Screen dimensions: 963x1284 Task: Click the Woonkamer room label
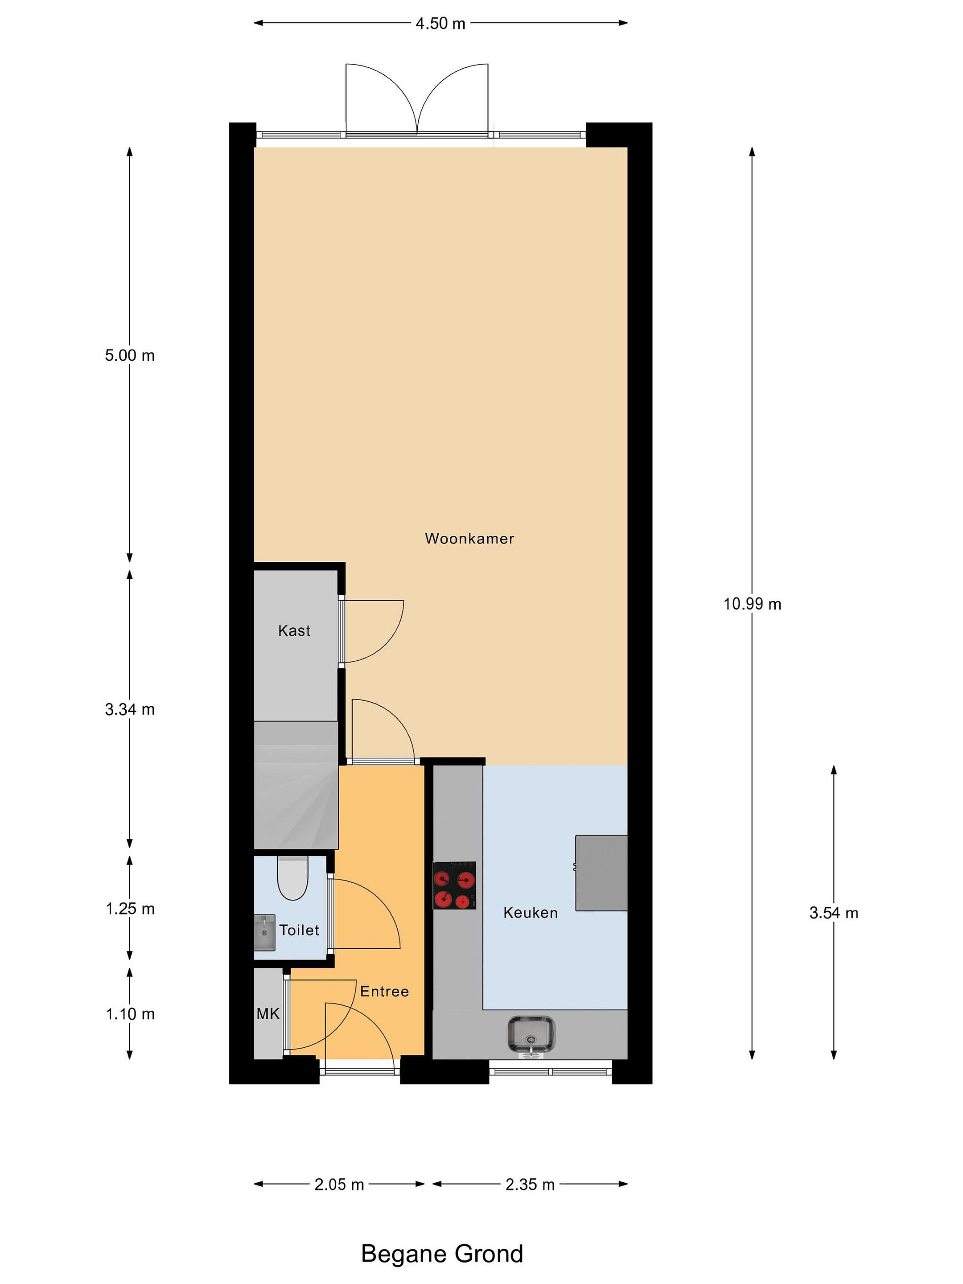(469, 538)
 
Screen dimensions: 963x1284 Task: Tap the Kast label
(294, 630)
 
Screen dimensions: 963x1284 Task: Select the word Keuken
(530, 913)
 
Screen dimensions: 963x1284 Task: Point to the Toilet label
(299, 930)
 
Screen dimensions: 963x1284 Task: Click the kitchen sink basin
(531, 1034)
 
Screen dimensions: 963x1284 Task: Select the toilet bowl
(292, 878)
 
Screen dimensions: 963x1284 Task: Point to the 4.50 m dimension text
(440, 23)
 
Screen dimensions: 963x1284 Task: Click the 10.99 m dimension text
(752, 604)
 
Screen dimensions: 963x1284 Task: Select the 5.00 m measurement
(130, 355)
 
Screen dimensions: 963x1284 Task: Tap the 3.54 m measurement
(834, 913)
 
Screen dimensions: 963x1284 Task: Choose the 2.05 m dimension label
(339, 1184)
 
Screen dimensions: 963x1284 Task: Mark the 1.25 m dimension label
(130, 909)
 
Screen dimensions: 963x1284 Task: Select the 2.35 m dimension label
(530, 1184)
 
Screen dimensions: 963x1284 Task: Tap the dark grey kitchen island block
(601, 873)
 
